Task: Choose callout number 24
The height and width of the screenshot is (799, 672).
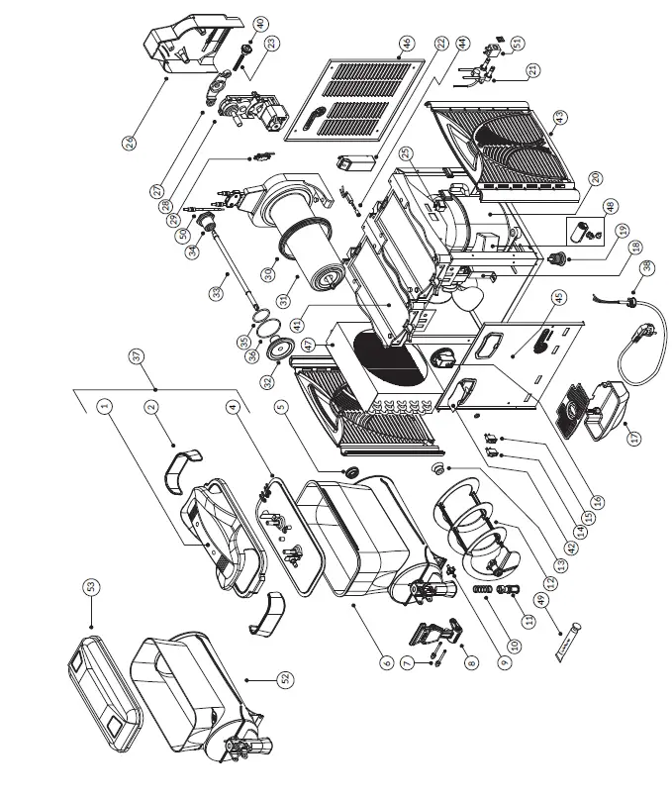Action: click(130, 143)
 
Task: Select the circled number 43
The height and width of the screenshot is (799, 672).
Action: click(560, 117)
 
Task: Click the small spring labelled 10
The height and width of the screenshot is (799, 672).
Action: click(483, 591)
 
